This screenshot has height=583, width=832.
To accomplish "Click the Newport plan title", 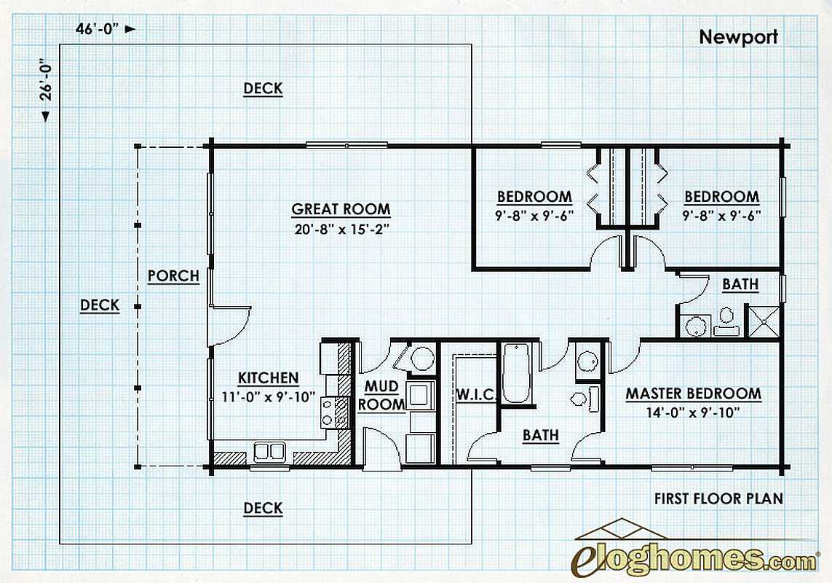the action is (x=738, y=37).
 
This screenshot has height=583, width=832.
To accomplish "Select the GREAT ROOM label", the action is (x=341, y=209).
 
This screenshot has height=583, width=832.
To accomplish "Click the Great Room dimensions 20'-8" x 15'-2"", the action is (x=341, y=230).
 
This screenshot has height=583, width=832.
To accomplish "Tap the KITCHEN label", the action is (x=268, y=378).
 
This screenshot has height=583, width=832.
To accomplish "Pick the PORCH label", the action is (x=173, y=275).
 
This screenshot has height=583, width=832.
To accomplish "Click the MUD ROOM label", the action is (x=381, y=396).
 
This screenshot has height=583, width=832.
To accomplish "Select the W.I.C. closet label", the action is (x=476, y=395).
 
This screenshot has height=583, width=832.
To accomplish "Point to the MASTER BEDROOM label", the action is (x=694, y=394).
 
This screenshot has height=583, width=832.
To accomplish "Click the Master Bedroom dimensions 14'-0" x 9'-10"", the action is (x=693, y=413).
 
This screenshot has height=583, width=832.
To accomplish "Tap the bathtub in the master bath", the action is (x=516, y=373).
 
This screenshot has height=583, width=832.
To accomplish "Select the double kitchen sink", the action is (x=269, y=451).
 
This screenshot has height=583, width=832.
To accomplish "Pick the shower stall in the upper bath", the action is (x=763, y=321).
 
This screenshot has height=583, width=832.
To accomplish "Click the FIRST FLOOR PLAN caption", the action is (x=718, y=498).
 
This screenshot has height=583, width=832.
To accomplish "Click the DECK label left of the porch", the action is (x=100, y=305).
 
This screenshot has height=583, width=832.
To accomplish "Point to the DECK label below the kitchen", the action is (x=264, y=508).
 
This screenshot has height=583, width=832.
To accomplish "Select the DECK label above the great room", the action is (x=264, y=88).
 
